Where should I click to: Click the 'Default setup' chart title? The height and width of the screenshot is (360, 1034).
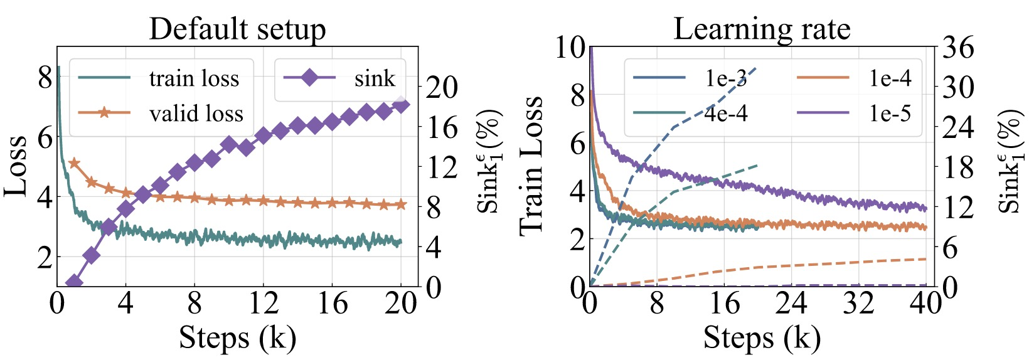237,29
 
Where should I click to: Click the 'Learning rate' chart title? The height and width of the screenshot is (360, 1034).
762,29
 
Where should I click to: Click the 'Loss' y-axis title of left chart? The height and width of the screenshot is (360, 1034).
16,166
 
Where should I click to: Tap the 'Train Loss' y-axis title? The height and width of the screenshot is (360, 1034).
531,166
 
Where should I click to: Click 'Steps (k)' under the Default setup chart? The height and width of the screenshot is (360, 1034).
237,337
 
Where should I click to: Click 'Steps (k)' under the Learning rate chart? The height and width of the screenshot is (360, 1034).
762,337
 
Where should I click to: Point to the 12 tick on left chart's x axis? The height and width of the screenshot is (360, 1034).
264,304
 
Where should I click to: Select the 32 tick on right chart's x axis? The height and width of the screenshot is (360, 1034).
859,304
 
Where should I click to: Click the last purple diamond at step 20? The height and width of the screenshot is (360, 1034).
401,105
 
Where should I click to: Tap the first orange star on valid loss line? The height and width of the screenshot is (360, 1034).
74,163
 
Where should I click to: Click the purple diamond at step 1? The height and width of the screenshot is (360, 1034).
74,282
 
